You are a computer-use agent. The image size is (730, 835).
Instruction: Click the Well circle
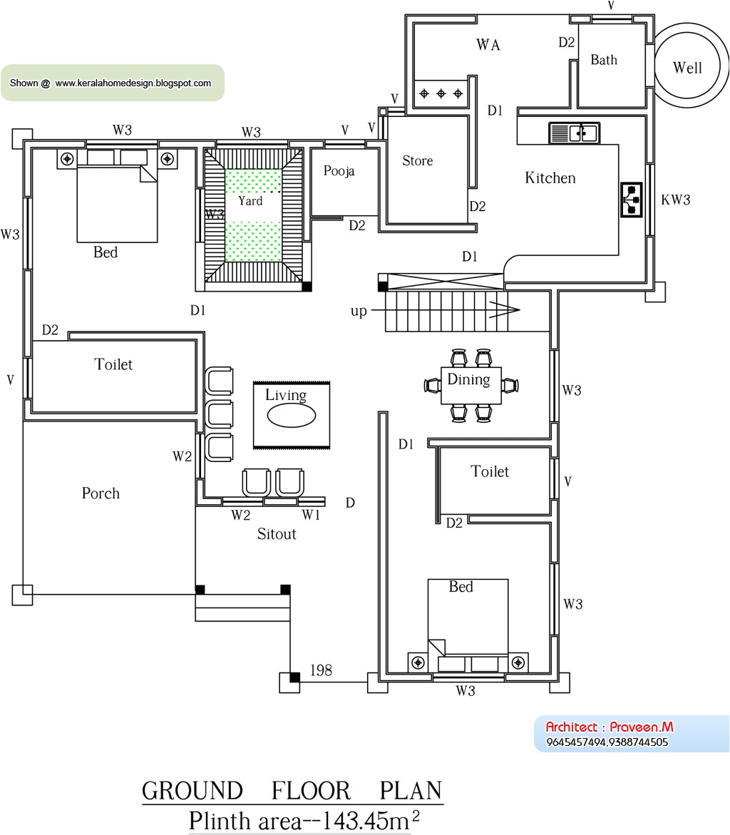(x=688, y=68)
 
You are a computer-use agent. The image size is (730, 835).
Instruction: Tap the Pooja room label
(x=339, y=171)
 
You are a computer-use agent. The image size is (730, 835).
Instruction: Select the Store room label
(x=418, y=161)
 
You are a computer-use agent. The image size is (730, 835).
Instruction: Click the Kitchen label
(x=550, y=178)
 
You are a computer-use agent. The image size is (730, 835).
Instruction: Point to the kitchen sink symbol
(x=574, y=133)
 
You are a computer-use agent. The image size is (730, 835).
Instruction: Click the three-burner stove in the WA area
(x=441, y=93)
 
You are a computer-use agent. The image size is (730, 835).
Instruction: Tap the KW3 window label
(x=675, y=200)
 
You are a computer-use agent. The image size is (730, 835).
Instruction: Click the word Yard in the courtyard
(x=250, y=201)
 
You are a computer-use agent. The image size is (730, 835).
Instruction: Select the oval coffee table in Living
(x=292, y=416)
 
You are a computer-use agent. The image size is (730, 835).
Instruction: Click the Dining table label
(x=468, y=379)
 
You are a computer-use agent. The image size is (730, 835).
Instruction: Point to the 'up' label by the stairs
(x=359, y=311)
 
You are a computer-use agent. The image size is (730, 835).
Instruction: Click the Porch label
(x=101, y=493)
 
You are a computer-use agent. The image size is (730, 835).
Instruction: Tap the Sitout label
(x=277, y=534)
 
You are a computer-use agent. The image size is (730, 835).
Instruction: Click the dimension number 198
(x=321, y=670)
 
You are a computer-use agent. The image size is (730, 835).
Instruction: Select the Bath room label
(x=604, y=60)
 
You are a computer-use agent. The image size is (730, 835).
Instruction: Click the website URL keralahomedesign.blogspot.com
(x=133, y=83)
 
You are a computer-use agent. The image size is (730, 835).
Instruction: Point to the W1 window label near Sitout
(x=311, y=515)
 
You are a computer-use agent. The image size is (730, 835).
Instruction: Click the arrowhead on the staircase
(x=510, y=310)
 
